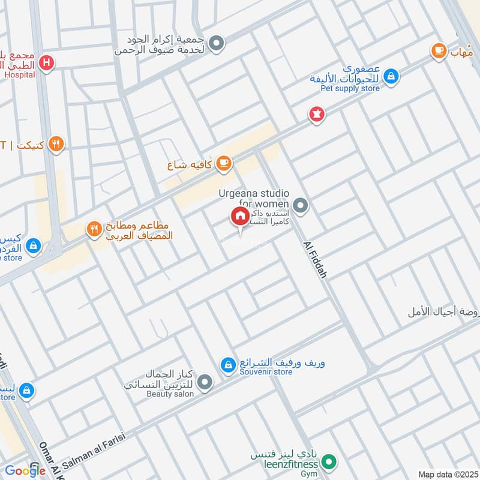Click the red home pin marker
pyautogui.click(x=240, y=217)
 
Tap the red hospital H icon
pyautogui.click(x=47, y=62)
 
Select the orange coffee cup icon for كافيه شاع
pyautogui.click(x=223, y=163)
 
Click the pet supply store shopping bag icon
pyautogui.click(x=391, y=76)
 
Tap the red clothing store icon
pyautogui.click(x=316, y=113)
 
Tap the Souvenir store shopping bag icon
pyautogui.click(x=227, y=364)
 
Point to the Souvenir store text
pyautogui.click(x=266, y=372)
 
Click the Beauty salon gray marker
pyautogui.click(x=205, y=382)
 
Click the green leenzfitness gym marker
pyautogui.click(x=328, y=463)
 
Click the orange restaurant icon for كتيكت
pyautogui.click(x=56, y=143)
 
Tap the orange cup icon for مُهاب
pyautogui.click(x=439, y=50)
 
